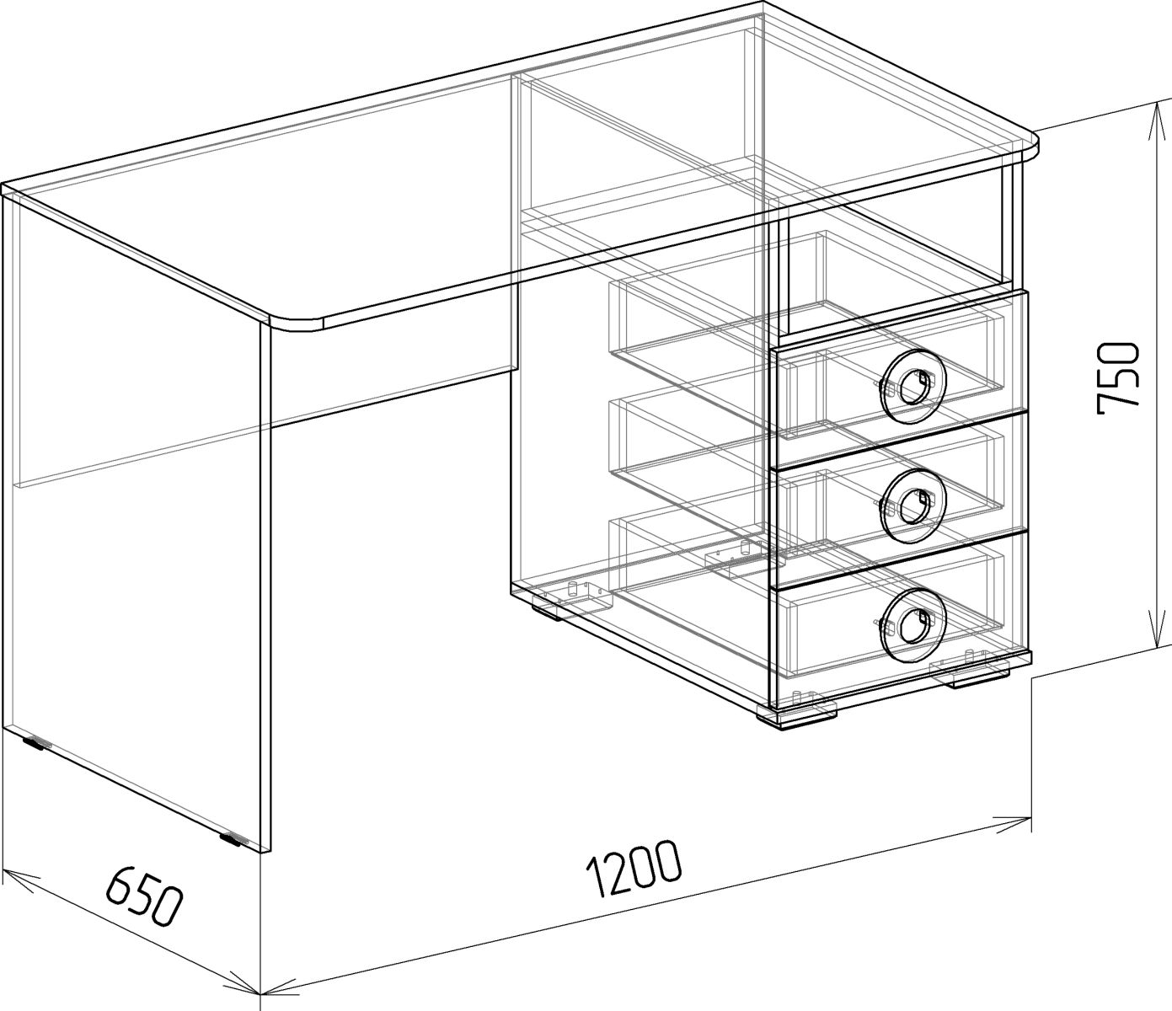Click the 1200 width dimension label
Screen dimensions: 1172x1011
pyautogui.click(x=634, y=855)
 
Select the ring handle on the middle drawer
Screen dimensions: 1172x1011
pyautogui.click(x=912, y=505)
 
